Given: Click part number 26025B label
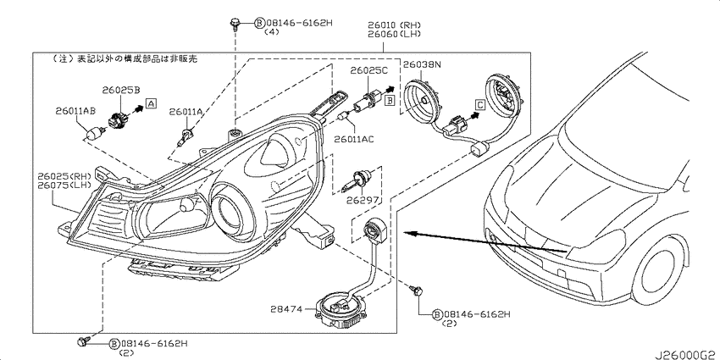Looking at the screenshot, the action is pos(121,91).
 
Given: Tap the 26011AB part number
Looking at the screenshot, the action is pos(75,111).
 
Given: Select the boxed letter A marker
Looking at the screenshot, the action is pos(151,104).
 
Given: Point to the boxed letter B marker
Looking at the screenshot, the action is pos(390,99).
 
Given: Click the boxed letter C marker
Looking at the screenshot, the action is pos(479,105).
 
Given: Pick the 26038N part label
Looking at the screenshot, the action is pos(422,65).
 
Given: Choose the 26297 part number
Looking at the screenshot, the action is pos(363,200).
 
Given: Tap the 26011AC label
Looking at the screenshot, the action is pos(353,139).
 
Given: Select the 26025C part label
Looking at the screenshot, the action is pos(369,70).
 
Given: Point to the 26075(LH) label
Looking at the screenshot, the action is pos(62,185).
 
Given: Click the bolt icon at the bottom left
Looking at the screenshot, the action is pos(83,341).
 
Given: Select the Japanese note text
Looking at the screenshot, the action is pos(125,59).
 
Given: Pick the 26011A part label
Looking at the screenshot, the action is pos(186,112).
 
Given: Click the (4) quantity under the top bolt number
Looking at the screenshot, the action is pos(271,32).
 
